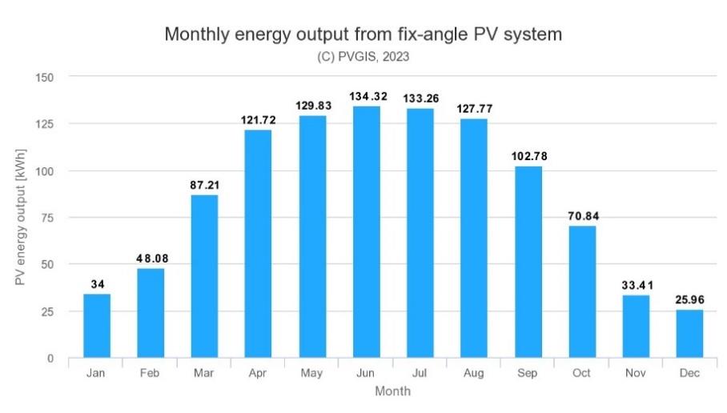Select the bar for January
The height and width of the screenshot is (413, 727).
click(97, 326)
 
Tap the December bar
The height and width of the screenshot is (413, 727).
click(689, 334)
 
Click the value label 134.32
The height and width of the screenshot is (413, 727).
click(368, 97)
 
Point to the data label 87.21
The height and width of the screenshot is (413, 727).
click(204, 185)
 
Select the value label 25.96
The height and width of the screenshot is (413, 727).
click(689, 300)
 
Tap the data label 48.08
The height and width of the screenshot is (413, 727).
click(151, 259)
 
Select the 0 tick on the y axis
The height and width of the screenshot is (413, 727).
click(51, 359)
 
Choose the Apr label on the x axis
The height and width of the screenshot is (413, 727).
click(258, 374)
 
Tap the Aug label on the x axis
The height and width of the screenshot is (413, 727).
click(474, 374)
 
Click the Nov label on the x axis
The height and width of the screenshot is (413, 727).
click(636, 374)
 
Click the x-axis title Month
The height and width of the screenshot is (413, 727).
click(392, 391)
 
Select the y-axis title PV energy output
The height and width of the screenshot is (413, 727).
click(22, 218)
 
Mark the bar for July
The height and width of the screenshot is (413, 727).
click(420, 233)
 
